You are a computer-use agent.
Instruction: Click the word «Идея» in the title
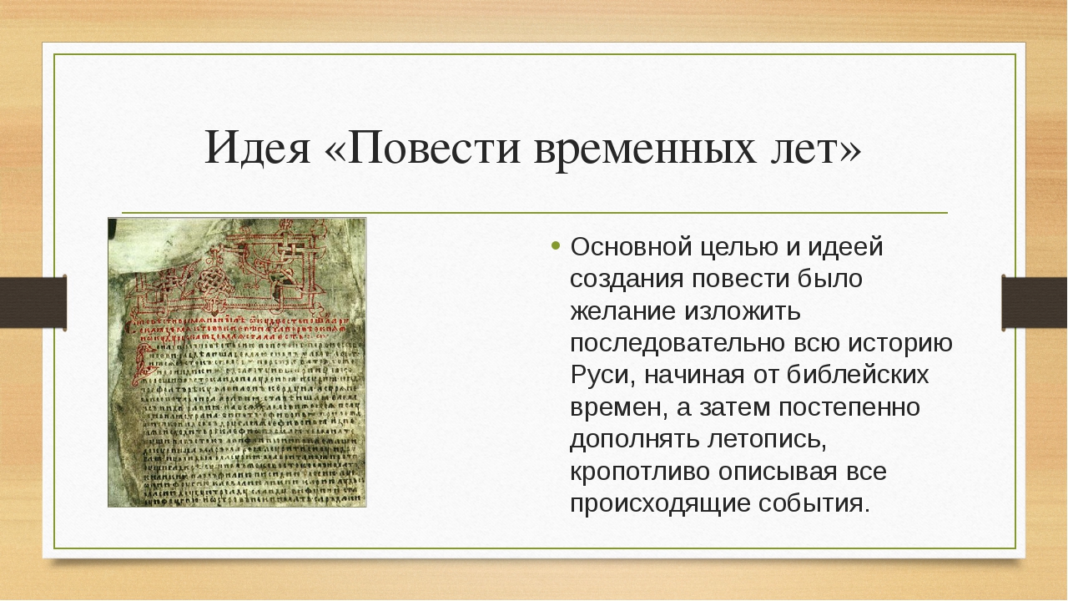click(255, 149)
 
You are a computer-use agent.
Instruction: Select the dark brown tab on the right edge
click(1035, 302)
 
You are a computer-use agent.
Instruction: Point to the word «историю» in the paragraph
click(904, 344)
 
